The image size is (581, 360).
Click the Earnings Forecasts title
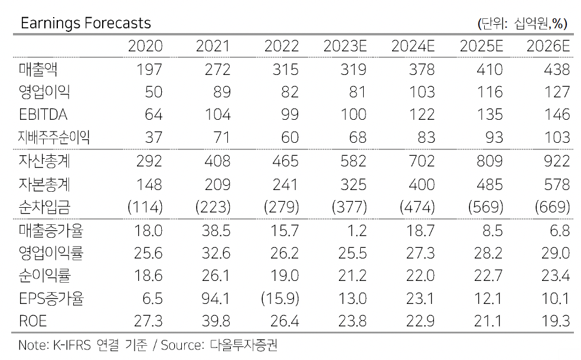[86, 23]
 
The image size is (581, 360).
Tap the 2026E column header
[549, 47]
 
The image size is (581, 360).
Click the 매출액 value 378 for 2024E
[422, 70]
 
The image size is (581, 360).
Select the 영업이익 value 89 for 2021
[220, 92]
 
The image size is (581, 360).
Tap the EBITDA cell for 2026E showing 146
[557, 114]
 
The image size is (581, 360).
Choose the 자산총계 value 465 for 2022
[285, 161]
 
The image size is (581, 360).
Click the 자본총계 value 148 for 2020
[149, 184]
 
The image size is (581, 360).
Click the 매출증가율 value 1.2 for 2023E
[355, 230]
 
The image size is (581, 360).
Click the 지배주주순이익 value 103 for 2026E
[557, 138]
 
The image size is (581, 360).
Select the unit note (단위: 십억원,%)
[522, 24]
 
